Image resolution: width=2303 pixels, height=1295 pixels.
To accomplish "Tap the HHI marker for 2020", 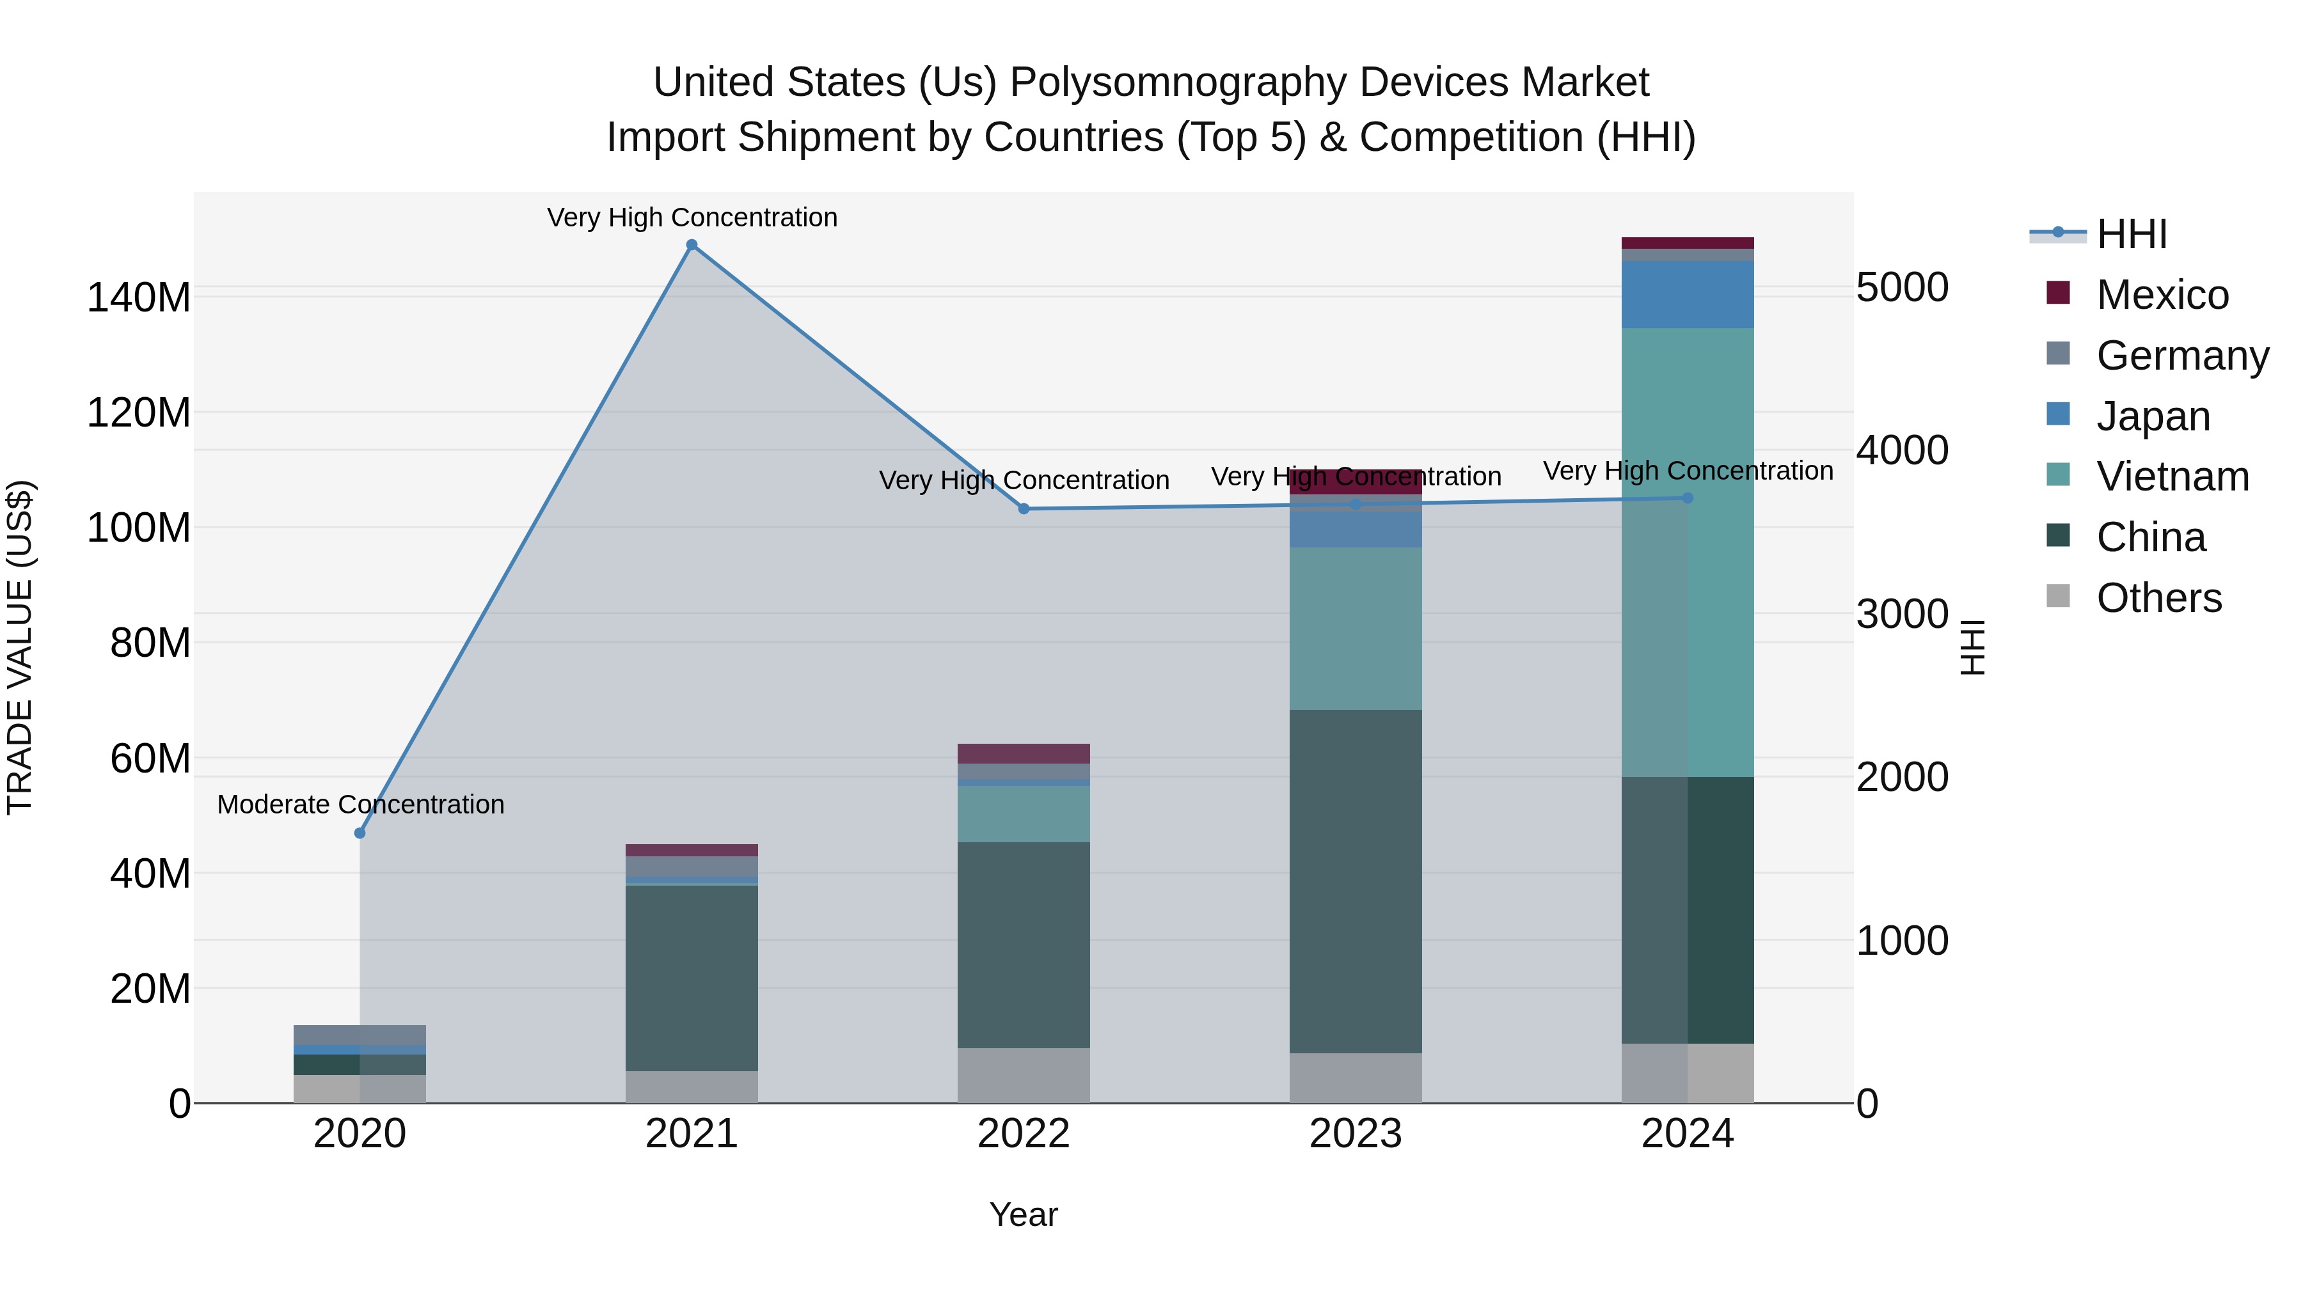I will pos(360,832).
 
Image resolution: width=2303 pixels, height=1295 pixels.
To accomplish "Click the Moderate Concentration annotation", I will pos(360,804).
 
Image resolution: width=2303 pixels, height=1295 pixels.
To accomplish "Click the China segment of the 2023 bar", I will pos(1356,881).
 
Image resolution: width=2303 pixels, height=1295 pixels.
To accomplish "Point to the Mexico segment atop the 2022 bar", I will pos(1024,753).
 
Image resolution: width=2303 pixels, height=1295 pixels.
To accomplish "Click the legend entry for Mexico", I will pos(2162,295).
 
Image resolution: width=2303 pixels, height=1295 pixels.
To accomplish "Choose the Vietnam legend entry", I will pos(2172,476).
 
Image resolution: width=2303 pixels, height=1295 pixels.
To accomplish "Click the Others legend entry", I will pos(2158,598).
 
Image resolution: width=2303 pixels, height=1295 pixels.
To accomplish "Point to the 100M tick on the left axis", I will pos(139,528).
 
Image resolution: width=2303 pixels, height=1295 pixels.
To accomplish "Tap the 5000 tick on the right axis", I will pos(1903,288).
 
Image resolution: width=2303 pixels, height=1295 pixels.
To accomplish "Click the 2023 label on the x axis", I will pos(1356,1134).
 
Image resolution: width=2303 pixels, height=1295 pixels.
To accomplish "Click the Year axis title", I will pos(1024,1214).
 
